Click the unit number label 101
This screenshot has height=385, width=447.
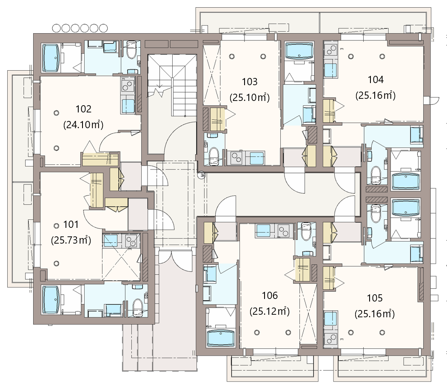71,224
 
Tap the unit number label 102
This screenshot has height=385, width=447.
83,109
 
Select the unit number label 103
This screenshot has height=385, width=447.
250,82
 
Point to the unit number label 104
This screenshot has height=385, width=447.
376,80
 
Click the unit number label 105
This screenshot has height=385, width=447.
375,298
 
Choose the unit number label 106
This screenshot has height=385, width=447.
270,296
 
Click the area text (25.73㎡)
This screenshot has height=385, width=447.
71,240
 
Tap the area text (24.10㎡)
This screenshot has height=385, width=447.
83,125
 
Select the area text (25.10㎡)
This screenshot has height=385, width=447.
250,98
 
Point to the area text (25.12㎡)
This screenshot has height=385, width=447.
270,311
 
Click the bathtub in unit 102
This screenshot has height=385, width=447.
51,57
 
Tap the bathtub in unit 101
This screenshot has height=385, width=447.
51,300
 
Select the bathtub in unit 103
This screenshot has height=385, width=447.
299,51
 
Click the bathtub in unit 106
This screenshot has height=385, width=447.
221,338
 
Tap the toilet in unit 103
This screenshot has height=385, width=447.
214,156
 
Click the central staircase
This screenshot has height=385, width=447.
172,86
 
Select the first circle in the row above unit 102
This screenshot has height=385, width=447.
57,28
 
